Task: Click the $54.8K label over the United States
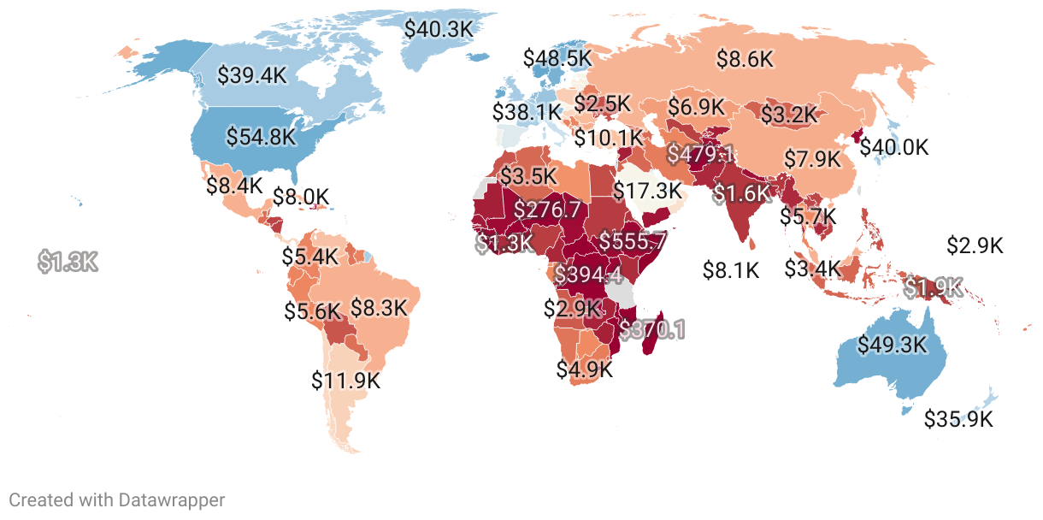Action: tap(261, 136)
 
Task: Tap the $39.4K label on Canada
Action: tap(251, 74)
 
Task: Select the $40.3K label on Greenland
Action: tap(438, 28)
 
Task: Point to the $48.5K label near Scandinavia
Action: tap(557, 57)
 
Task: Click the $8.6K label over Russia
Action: tap(745, 59)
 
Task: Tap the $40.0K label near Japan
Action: tap(893, 147)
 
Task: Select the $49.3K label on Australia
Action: tap(892, 345)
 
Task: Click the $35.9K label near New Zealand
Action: tap(958, 419)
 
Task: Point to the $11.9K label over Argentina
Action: tap(345, 379)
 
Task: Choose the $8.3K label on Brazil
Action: tap(379, 308)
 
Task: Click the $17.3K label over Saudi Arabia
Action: tap(647, 190)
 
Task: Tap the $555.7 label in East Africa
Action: tap(632, 241)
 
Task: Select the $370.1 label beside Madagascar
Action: tap(652, 328)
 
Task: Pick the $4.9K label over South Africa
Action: tap(585, 369)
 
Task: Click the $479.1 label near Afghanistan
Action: tap(700, 154)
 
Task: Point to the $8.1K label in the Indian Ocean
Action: tap(731, 270)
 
